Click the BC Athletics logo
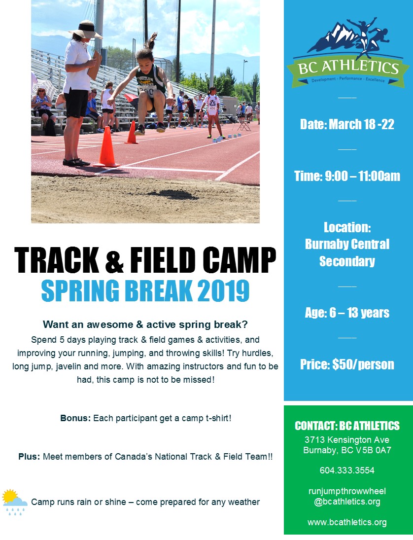pyautogui.click(x=348, y=54)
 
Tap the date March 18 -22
pyautogui.click(x=347, y=124)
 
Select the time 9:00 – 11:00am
pyautogui.click(x=347, y=176)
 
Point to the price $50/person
pyautogui.click(x=347, y=364)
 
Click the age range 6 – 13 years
pyautogui.click(x=347, y=313)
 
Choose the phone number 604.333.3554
pyautogui.click(x=347, y=470)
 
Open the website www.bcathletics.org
pyautogui.click(x=347, y=522)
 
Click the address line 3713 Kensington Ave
pyautogui.click(x=347, y=439)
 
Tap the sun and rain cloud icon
pyautogui.click(x=14, y=501)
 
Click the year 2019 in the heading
pyautogui.click(x=223, y=291)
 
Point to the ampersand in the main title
pyautogui.click(x=114, y=261)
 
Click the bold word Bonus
pyautogui.click(x=75, y=418)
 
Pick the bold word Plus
pyautogui.click(x=29, y=457)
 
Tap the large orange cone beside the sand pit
pyautogui.click(x=106, y=147)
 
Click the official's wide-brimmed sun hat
pyautogui.click(x=86, y=30)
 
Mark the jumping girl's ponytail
pyautogui.click(x=152, y=40)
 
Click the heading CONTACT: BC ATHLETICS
pyautogui.click(x=347, y=426)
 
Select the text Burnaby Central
pyautogui.click(x=347, y=244)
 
